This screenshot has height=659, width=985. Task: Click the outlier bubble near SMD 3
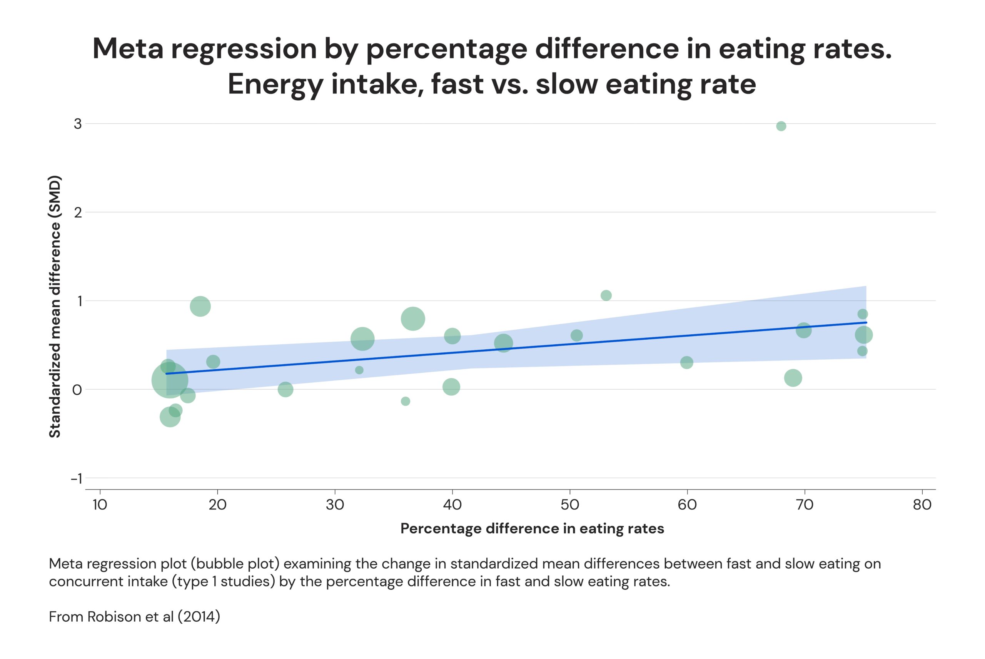pyautogui.click(x=781, y=126)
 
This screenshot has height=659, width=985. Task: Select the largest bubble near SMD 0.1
pyautogui.click(x=170, y=380)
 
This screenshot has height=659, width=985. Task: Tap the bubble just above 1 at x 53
pyautogui.click(x=606, y=295)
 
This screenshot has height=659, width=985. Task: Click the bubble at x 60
pyautogui.click(x=687, y=362)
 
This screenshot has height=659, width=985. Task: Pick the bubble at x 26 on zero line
pyautogui.click(x=285, y=390)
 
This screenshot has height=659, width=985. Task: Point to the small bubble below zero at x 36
pyautogui.click(x=405, y=402)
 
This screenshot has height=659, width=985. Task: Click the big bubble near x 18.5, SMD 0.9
pyautogui.click(x=200, y=306)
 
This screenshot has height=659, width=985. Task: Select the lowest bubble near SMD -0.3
pyautogui.click(x=170, y=417)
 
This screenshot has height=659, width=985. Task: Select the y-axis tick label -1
pyautogui.click(x=76, y=479)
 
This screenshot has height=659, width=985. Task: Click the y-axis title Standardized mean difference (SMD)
pyautogui.click(x=55, y=306)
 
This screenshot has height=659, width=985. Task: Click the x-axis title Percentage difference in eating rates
pyautogui.click(x=532, y=528)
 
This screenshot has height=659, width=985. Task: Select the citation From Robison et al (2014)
pyautogui.click(x=134, y=617)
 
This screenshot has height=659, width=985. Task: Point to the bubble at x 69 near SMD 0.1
pyautogui.click(x=793, y=378)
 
